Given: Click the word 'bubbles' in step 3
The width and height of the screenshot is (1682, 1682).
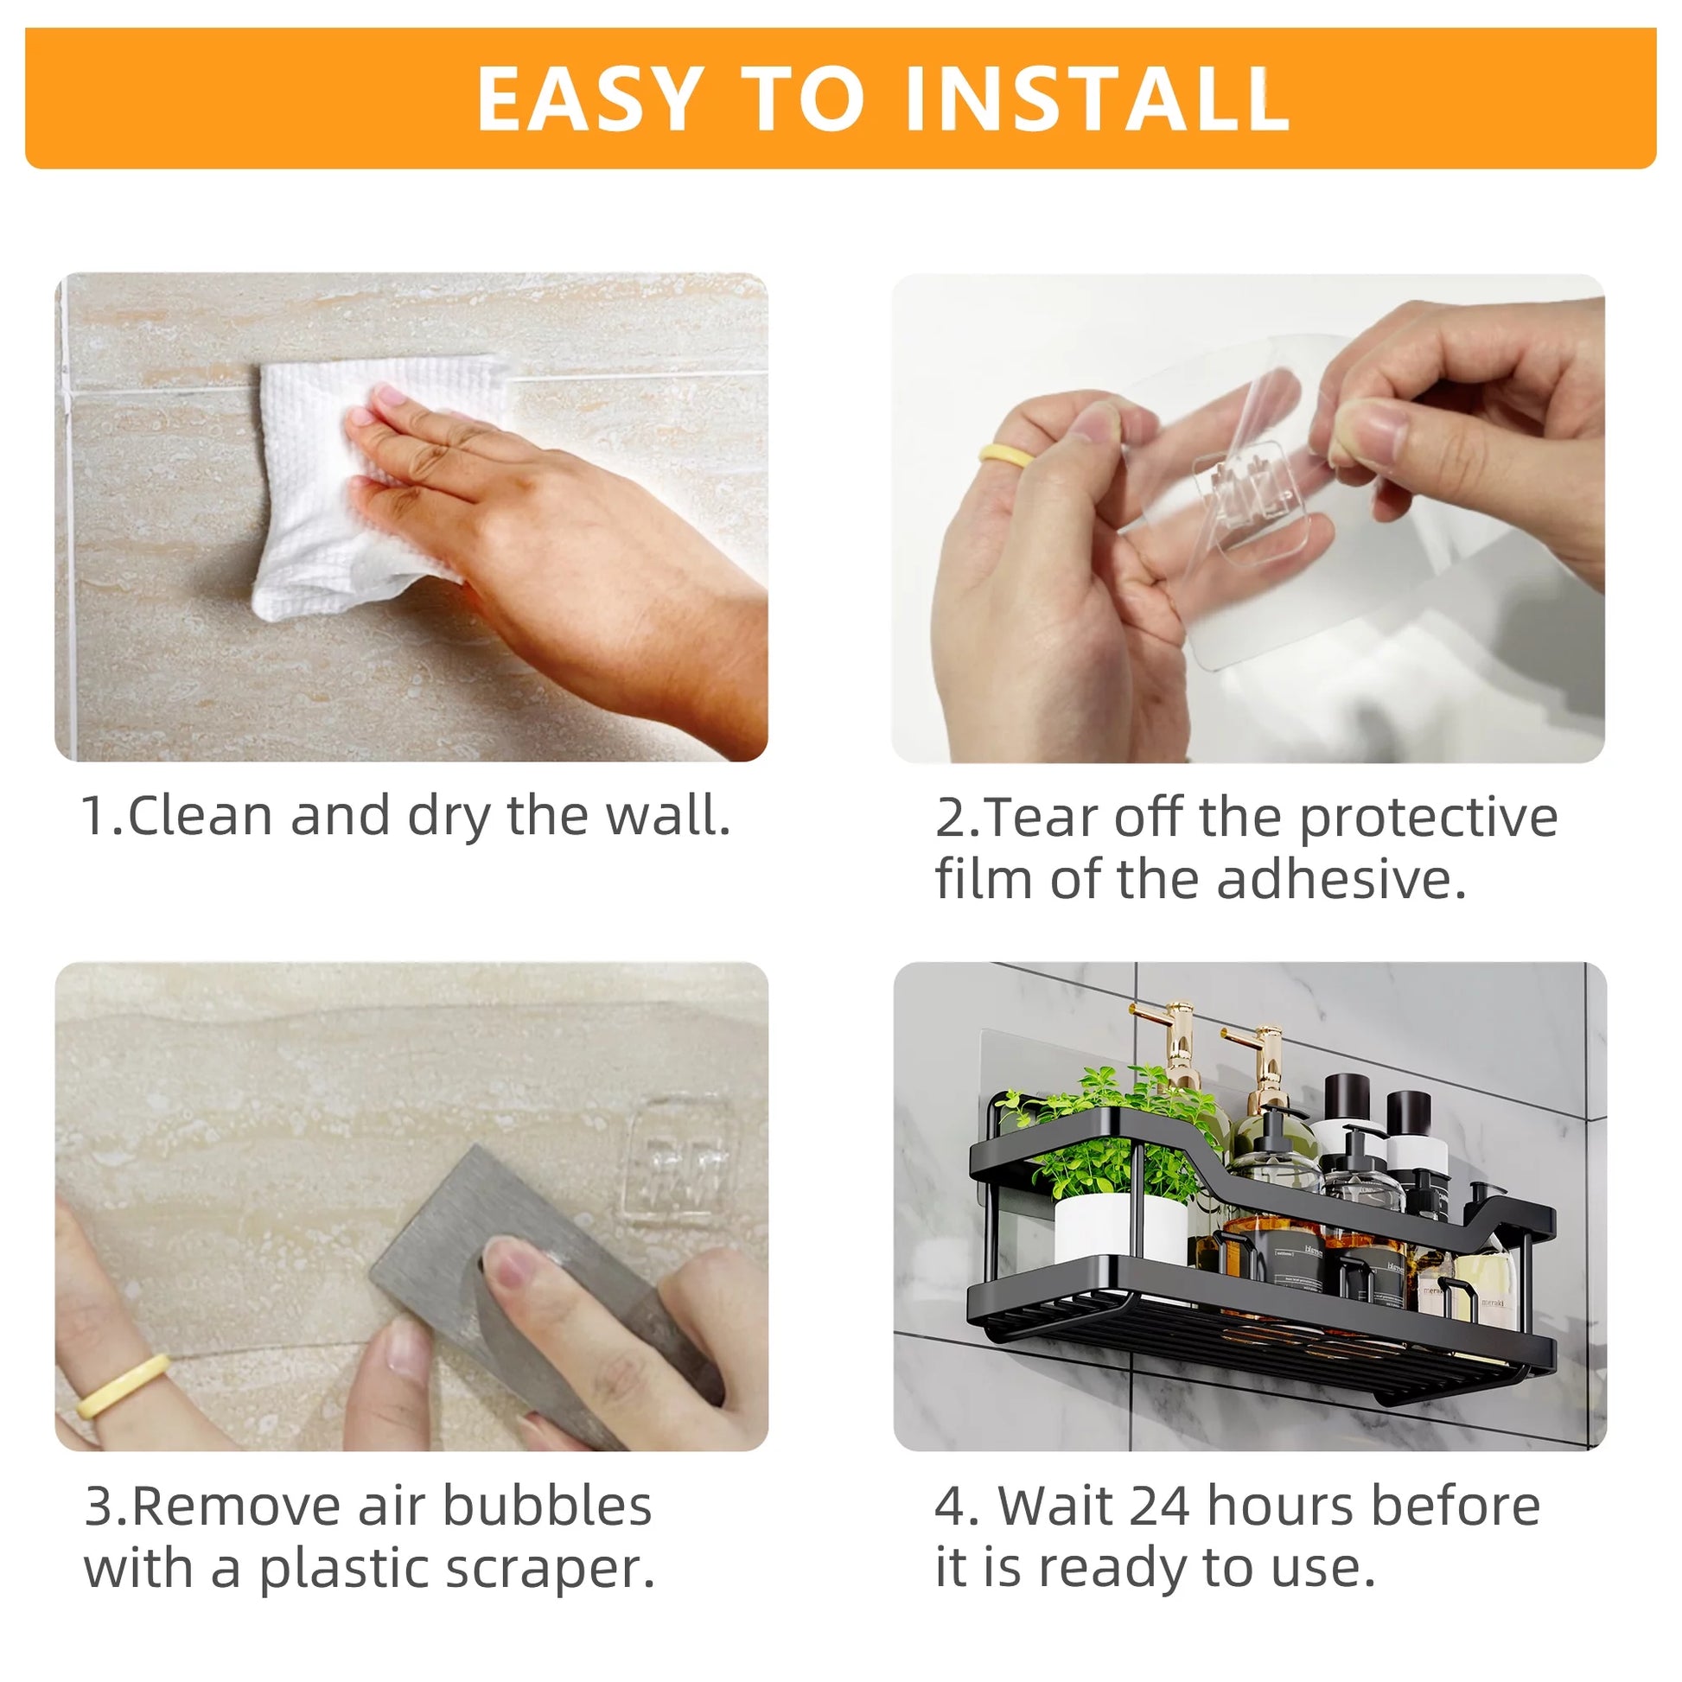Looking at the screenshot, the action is [547, 1506].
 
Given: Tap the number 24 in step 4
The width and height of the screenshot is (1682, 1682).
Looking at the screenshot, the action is [1160, 1506].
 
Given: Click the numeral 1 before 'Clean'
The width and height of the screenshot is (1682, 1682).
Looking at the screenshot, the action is [93, 816].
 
